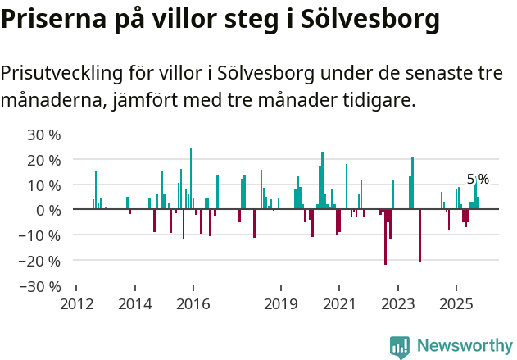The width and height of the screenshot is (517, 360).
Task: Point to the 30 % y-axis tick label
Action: click(44, 134)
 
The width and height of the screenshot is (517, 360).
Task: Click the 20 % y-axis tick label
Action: click(44, 160)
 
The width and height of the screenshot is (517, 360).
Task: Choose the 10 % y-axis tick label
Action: click(44, 185)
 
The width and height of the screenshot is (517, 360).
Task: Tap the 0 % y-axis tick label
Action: click(48, 211)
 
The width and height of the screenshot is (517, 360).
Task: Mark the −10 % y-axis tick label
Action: click(40, 236)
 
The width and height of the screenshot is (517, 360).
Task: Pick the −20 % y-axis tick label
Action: click(40, 262)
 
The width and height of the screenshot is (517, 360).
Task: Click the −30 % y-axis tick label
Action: click(40, 287)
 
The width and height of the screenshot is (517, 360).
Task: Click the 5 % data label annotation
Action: click(478, 180)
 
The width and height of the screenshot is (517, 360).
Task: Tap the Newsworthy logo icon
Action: click(400, 347)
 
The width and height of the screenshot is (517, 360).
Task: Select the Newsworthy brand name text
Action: click(464, 347)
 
